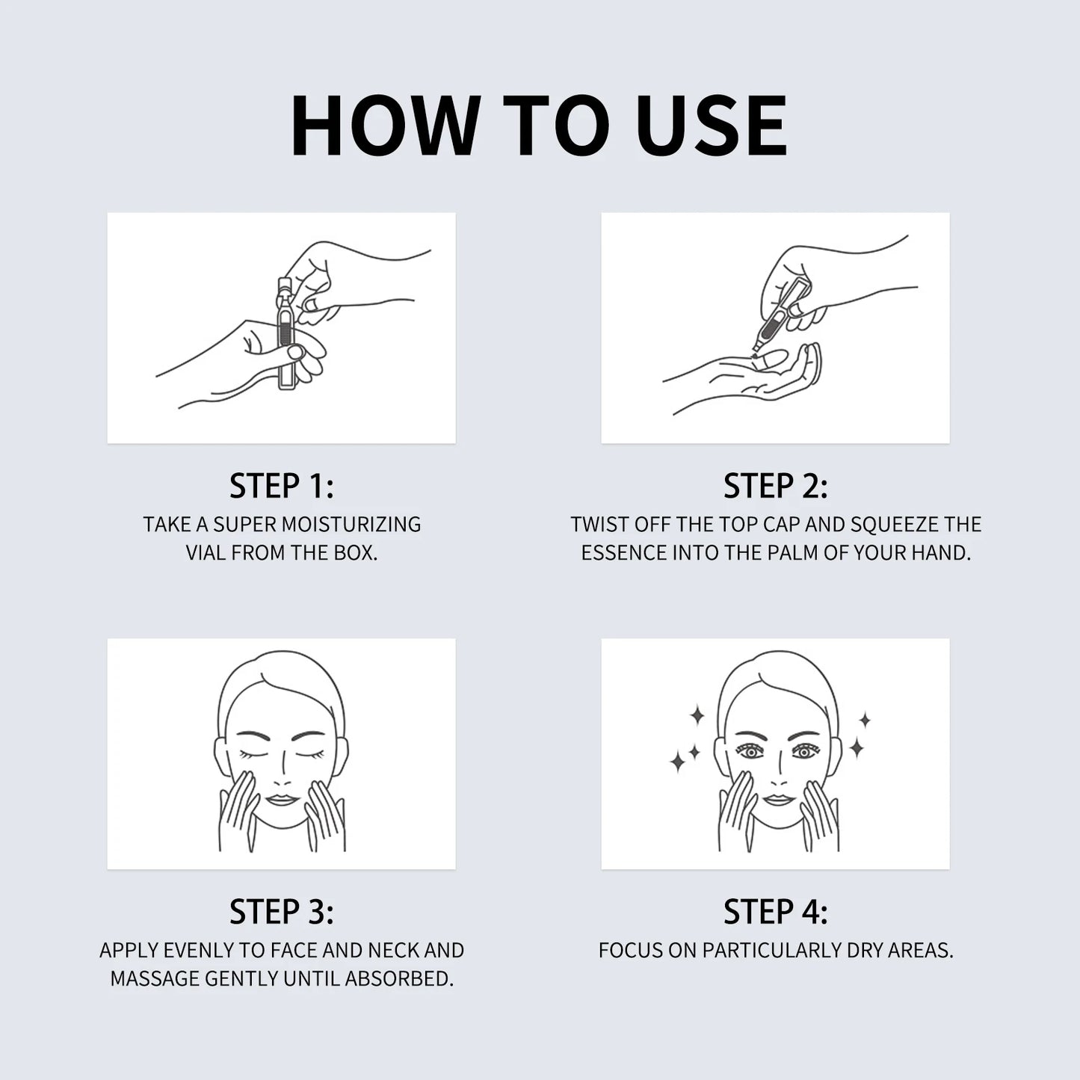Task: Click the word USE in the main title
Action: click(x=712, y=126)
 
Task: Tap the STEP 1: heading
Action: click(x=281, y=486)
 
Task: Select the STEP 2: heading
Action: click(x=775, y=486)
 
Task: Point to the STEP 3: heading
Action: click(x=281, y=912)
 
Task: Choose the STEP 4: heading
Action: click(x=775, y=912)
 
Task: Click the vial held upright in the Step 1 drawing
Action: click(x=286, y=333)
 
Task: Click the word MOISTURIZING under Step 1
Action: click(x=351, y=525)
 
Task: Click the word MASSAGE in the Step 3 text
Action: click(x=155, y=978)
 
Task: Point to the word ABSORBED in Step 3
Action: click(x=399, y=978)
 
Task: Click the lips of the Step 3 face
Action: click(x=281, y=800)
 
